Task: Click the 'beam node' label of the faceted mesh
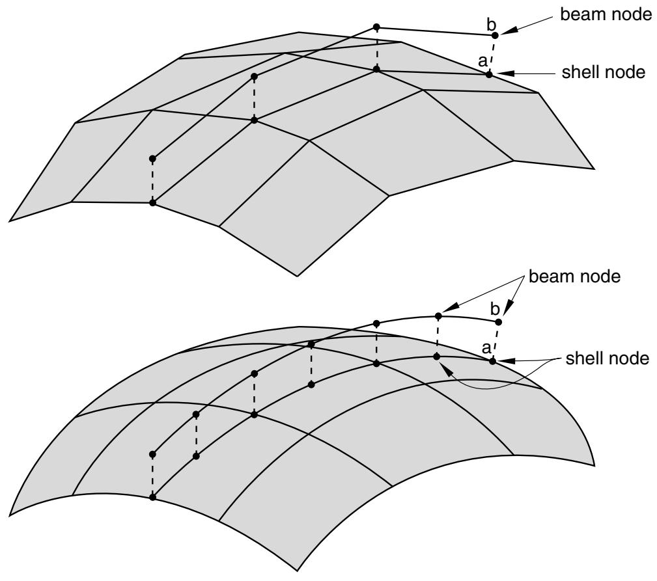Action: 606,15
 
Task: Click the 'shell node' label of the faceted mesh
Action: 604,72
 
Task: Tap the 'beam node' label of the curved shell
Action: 574,277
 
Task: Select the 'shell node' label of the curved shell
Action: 607,358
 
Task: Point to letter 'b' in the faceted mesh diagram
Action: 491,24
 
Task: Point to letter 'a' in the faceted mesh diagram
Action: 482,62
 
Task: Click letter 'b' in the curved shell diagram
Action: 495,309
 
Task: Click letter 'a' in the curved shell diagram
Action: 486,348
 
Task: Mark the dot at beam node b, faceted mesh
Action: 495,36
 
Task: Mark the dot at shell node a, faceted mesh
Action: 489,75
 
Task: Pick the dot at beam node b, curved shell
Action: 499,322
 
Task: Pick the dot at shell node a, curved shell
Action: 493,361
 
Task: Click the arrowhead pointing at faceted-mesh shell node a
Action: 504,74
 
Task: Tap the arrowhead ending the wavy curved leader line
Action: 445,369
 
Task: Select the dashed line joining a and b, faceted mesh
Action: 492,55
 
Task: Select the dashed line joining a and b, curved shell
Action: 496,342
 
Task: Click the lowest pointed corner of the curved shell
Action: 297,571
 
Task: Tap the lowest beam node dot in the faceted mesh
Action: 152,159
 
